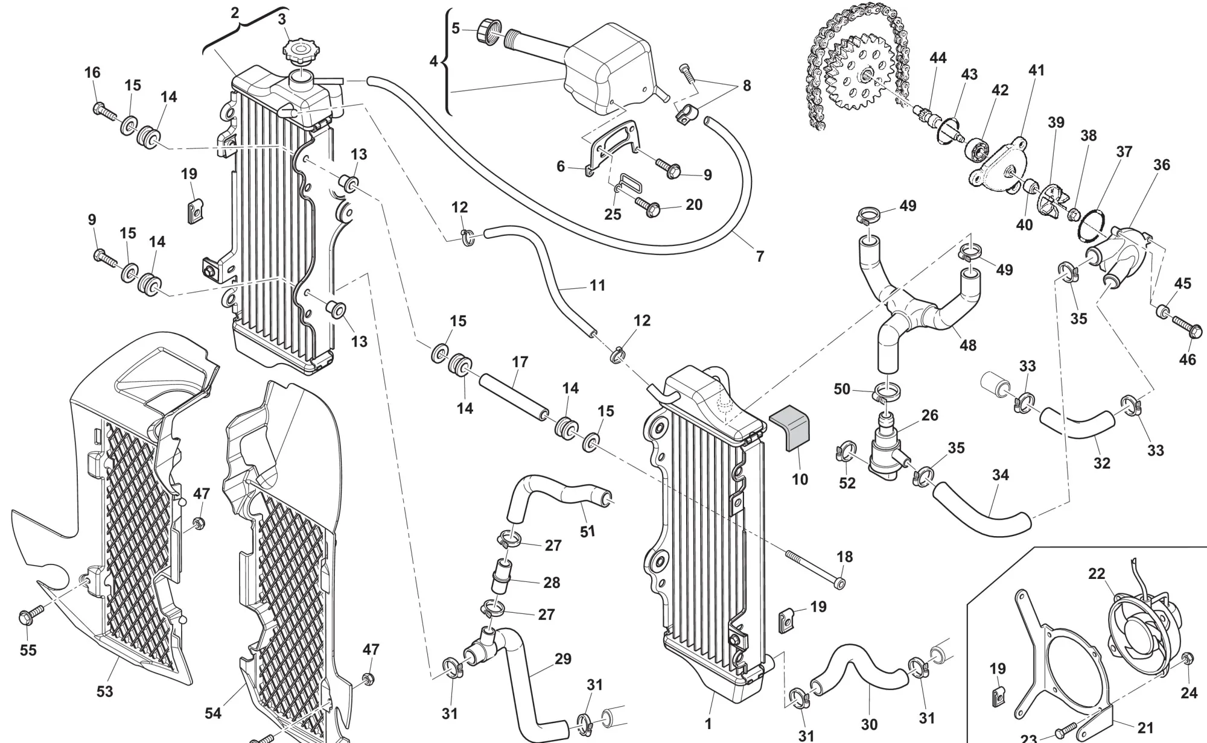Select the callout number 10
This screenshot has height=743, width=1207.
pyautogui.click(x=800, y=479)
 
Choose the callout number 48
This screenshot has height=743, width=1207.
pyautogui.click(x=967, y=346)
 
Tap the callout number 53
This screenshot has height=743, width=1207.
pyautogui.click(x=105, y=691)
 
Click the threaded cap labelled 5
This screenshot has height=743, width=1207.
pyautogui.click(x=489, y=31)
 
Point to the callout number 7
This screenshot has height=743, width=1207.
pyautogui.click(x=760, y=256)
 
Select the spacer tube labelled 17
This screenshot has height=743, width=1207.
pyautogui.click(x=513, y=399)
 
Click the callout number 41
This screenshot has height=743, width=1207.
pyautogui.click(x=1036, y=71)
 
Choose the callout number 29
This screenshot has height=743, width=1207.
pyautogui.click(x=562, y=659)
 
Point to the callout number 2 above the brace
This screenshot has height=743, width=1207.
pyautogui.click(x=235, y=13)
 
